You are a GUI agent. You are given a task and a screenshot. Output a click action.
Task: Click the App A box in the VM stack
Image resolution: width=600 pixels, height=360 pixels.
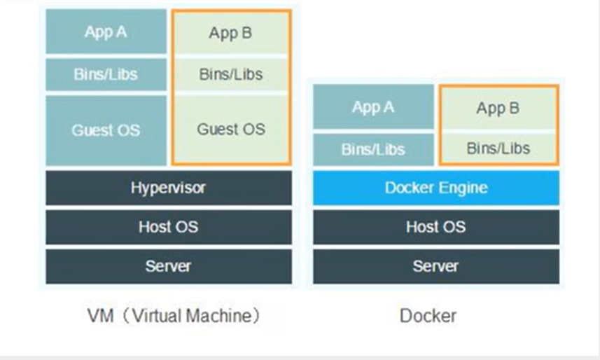(x=106, y=32)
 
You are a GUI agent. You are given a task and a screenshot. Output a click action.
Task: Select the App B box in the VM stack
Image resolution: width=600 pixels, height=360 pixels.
(x=230, y=33)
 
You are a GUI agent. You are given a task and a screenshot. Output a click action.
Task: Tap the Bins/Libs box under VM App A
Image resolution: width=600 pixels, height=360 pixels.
(x=106, y=74)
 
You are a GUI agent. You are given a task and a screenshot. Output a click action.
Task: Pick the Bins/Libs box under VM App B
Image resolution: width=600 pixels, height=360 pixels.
(x=230, y=74)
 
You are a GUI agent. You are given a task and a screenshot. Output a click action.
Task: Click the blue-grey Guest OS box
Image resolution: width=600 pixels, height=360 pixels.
(x=106, y=130)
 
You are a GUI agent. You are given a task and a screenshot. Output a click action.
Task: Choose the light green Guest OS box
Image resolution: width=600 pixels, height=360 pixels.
(x=230, y=130)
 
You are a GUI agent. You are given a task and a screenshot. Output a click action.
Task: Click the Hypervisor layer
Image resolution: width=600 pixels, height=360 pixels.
(x=168, y=188)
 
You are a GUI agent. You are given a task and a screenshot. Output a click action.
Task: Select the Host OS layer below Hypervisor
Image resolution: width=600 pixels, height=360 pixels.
(x=168, y=227)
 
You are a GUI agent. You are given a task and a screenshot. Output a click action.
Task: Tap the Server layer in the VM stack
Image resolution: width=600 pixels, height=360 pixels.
(x=168, y=266)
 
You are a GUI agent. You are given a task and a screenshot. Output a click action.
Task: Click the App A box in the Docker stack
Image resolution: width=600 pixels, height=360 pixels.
(x=373, y=107)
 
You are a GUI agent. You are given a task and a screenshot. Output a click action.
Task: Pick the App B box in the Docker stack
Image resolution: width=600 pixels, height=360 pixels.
(x=498, y=109)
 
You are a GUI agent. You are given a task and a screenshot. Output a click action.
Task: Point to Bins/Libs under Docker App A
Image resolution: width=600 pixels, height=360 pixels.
(x=373, y=149)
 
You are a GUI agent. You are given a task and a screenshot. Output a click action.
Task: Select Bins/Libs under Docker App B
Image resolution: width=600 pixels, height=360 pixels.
(x=498, y=148)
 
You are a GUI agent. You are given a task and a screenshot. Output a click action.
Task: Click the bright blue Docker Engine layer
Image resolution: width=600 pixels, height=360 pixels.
(x=435, y=188)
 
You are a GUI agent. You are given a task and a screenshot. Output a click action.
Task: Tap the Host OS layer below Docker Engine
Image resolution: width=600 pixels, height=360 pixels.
(x=435, y=227)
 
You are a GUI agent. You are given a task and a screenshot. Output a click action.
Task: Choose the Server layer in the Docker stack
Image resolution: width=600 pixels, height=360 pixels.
(x=435, y=266)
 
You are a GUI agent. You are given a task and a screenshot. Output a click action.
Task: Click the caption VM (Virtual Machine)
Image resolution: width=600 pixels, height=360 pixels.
(x=173, y=316)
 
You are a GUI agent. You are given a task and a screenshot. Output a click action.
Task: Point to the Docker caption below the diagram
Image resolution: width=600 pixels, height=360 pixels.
(x=428, y=316)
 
